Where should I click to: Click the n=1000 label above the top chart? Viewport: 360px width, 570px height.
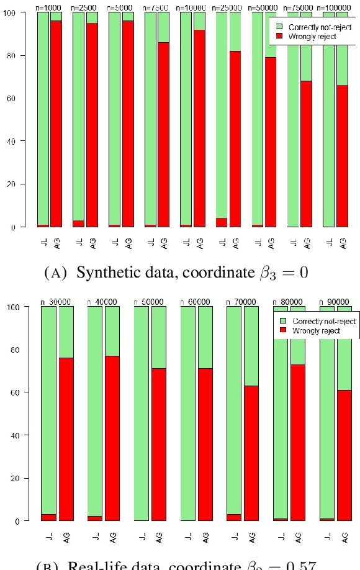(48, 7)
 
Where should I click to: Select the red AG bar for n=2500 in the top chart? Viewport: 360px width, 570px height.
(92, 124)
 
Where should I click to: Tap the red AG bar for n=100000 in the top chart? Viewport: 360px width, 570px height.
(342, 155)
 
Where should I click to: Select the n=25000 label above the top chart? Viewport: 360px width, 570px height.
(227, 7)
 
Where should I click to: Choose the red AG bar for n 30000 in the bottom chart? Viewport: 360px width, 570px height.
(66, 438)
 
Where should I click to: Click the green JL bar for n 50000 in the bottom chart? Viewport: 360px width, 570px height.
(142, 413)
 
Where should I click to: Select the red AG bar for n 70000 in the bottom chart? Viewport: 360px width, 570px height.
(251, 453)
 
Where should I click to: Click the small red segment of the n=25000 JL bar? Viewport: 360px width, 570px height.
(221, 222)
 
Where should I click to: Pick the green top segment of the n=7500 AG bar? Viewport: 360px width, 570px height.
(163, 27)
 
